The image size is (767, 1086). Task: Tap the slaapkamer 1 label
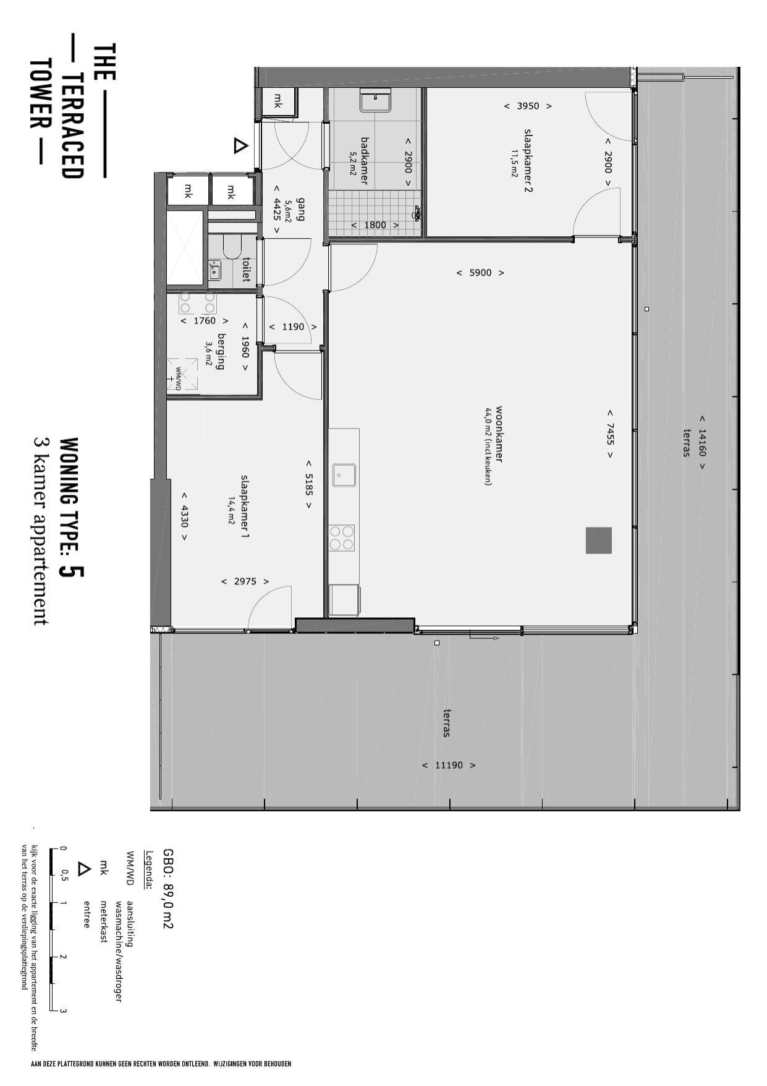pos(244,506)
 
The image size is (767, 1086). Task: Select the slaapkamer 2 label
pos(528,160)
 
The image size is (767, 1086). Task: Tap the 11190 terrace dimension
pos(449,765)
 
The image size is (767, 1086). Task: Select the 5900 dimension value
pos(480,272)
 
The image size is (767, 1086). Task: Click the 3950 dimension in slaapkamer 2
pos(528,106)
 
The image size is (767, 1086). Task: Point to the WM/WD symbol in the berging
pos(182,375)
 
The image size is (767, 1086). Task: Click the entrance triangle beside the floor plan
pos(240,146)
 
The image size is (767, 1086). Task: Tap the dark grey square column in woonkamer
pos(598,540)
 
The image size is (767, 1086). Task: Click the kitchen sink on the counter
pos(344,475)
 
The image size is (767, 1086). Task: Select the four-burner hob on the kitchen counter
pos(341,537)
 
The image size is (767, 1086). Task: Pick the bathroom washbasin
pos(376,101)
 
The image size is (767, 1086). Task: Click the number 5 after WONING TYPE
pos(72,571)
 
